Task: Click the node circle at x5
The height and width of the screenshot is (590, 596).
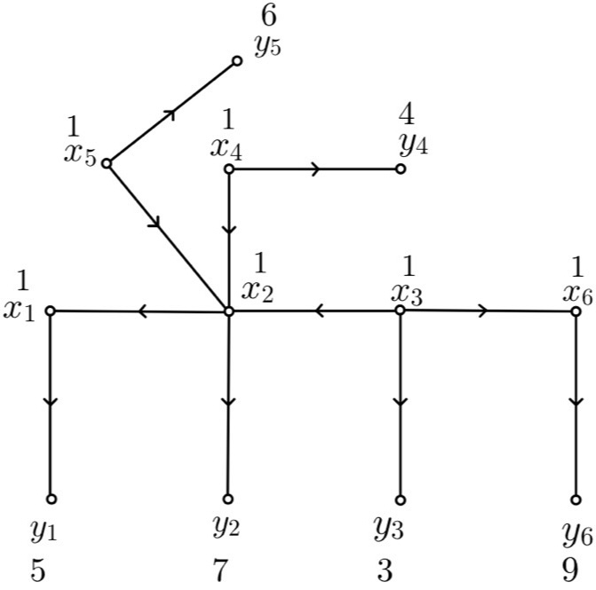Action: point(107,163)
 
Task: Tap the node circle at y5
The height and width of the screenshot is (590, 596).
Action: point(237,61)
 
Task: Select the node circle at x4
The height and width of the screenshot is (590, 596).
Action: point(229,169)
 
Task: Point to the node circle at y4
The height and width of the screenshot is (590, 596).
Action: point(401,169)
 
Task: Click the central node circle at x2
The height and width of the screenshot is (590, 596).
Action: point(229,311)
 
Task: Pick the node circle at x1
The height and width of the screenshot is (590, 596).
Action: point(51,311)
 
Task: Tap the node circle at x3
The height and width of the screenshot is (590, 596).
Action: point(401,310)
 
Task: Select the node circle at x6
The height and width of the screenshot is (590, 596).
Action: point(576,311)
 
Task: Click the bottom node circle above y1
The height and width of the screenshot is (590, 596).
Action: point(51,499)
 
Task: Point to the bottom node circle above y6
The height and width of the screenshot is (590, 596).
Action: point(576,499)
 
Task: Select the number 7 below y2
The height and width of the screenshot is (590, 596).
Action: point(220,568)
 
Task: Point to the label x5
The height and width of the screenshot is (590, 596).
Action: point(80,153)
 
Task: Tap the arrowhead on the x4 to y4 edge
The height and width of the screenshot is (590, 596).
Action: point(314,169)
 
